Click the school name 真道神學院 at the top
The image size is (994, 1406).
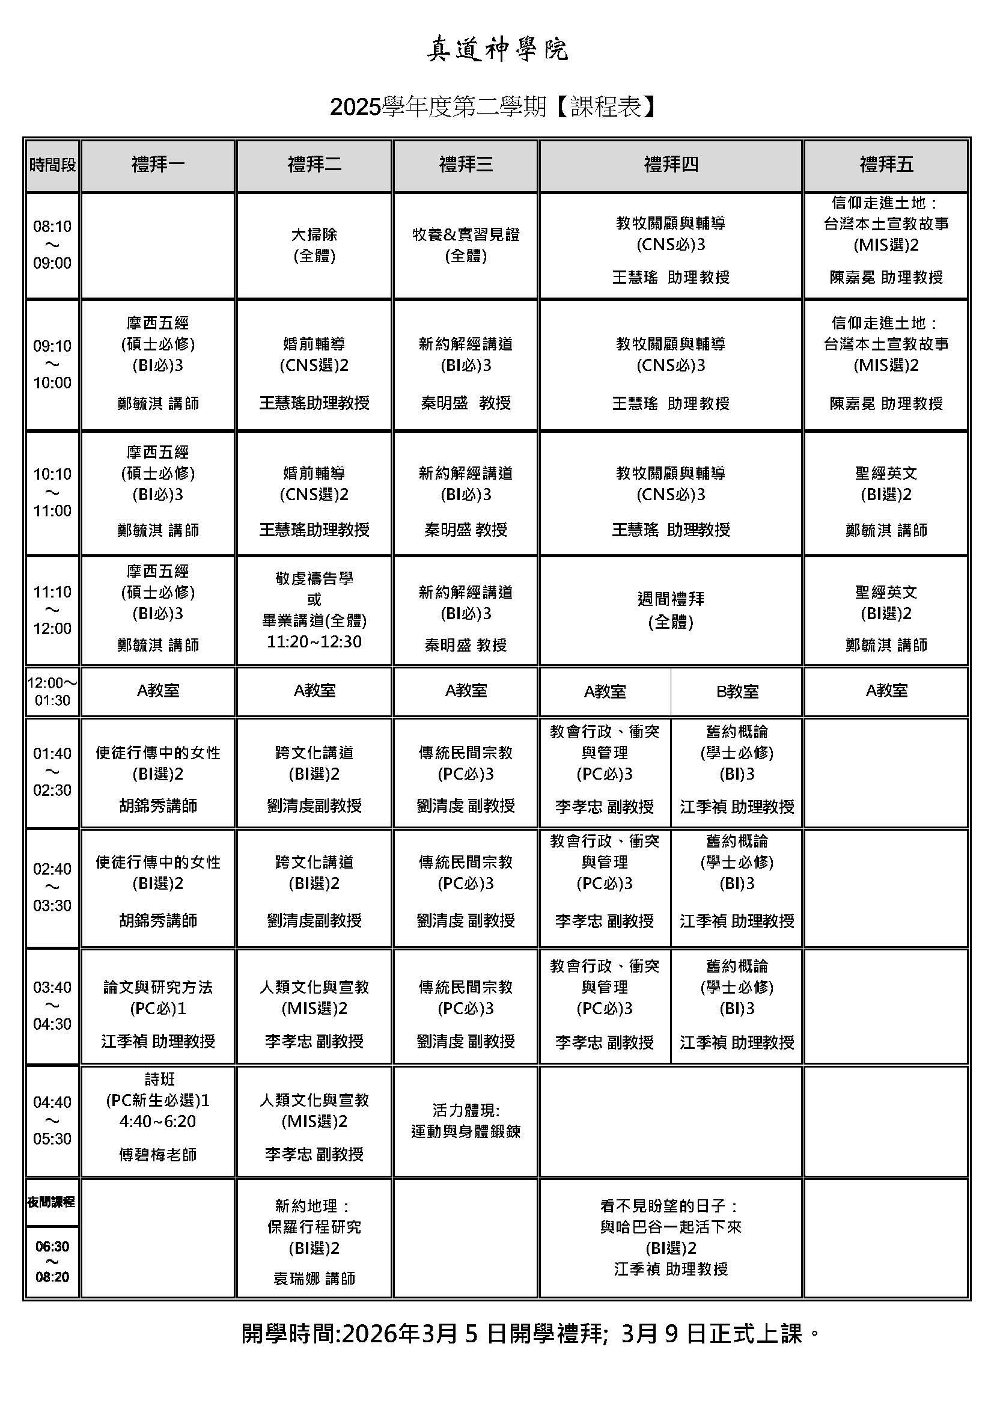click(x=497, y=49)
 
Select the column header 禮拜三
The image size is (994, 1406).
click(x=466, y=165)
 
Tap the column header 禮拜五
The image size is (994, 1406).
click(x=886, y=165)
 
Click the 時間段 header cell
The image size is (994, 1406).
click(x=53, y=165)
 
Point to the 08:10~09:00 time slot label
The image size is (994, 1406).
click(x=53, y=245)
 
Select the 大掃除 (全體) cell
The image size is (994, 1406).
click(x=314, y=245)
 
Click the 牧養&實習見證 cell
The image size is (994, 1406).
click(x=466, y=245)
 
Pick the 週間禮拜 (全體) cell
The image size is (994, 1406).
click(x=671, y=611)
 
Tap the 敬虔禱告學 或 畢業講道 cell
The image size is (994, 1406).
click(x=314, y=611)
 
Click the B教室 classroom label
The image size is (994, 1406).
click(x=737, y=692)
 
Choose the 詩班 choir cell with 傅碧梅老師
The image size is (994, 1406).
click(x=158, y=1120)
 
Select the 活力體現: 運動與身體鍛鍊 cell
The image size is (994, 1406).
click(x=466, y=1120)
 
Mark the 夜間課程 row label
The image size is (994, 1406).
click(x=52, y=1202)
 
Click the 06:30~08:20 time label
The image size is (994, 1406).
click(x=53, y=1262)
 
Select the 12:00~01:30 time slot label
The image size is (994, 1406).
click(x=53, y=691)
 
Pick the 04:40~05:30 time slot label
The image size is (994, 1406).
click(x=53, y=1120)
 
